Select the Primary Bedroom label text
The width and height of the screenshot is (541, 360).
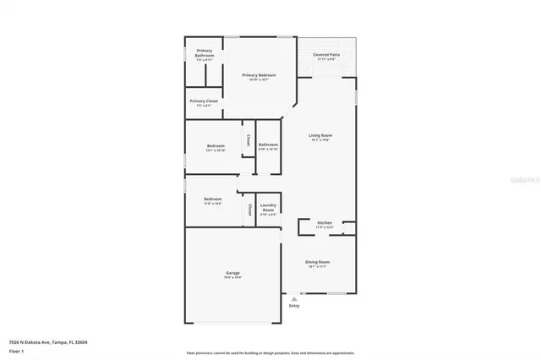pyautogui.click(x=260, y=75)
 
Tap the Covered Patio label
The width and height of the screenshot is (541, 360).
pyautogui.click(x=326, y=54)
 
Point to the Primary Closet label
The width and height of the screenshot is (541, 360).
pyautogui.click(x=204, y=101)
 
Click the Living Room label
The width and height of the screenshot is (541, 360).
pyautogui.click(x=320, y=135)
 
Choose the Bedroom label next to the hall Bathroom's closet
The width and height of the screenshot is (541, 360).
pyautogui.click(x=216, y=146)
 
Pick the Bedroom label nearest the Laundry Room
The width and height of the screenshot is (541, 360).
pyautogui.click(x=212, y=199)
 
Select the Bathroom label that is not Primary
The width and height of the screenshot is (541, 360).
pyautogui.click(x=269, y=145)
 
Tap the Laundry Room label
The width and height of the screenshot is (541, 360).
pyautogui.click(x=268, y=207)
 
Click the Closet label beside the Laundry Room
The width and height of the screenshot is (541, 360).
pyautogui.click(x=249, y=208)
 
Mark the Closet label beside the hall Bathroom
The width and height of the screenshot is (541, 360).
pyautogui.click(x=248, y=139)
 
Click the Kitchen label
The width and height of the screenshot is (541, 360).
pyautogui.click(x=325, y=223)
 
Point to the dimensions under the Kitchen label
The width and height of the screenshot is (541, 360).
pyautogui.click(x=325, y=228)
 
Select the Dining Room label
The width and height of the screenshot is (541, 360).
pyautogui.click(x=318, y=262)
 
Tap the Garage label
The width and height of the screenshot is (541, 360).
pyautogui.click(x=232, y=273)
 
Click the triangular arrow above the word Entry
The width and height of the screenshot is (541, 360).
pyautogui.click(x=294, y=298)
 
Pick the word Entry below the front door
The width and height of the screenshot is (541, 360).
pyautogui.click(x=294, y=306)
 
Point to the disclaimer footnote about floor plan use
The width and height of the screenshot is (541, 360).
pyautogui.click(x=270, y=352)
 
